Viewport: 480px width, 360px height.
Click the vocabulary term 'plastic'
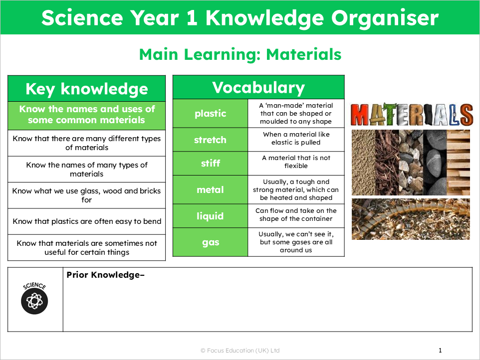(x=210, y=114)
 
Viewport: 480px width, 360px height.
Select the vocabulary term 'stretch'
(x=210, y=140)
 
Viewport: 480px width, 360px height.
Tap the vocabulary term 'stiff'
(x=210, y=163)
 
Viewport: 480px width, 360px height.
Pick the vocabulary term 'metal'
(x=210, y=190)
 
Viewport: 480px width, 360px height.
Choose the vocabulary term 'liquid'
(x=210, y=216)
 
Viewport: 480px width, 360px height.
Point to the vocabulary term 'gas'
(x=210, y=243)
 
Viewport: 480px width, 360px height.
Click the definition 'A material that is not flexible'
(x=296, y=162)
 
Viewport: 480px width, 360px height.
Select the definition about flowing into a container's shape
(x=296, y=215)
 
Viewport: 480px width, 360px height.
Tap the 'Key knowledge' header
(x=87, y=89)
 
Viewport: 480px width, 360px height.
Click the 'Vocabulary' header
(x=258, y=88)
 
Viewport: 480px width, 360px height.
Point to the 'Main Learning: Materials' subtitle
(x=240, y=54)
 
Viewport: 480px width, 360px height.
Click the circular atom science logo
(x=35, y=301)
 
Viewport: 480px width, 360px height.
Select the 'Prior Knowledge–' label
(x=105, y=275)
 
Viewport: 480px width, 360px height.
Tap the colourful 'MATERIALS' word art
(x=412, y=115)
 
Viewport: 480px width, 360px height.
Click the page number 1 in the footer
(x=440, y=351)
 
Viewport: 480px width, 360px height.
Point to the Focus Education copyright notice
(x=240, y=351)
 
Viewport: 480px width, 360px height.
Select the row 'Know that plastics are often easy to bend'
(x=87, y=221)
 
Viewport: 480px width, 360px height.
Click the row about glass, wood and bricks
(x=87, y=195)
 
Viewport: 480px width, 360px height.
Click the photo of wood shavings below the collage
(x=411, y=219)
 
